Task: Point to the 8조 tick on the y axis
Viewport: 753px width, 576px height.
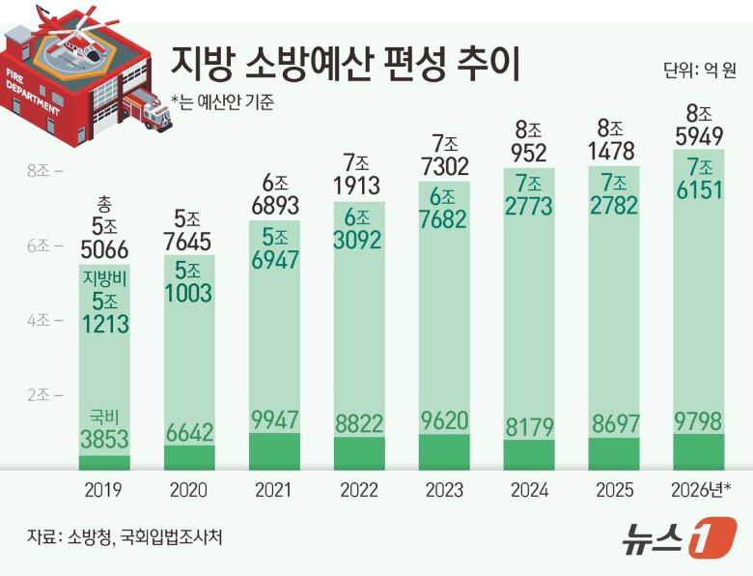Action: [x=44, y=171]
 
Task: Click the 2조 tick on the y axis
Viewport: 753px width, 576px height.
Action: [x=44, y=394]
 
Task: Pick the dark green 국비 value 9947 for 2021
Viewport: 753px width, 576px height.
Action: [x=274, y=419]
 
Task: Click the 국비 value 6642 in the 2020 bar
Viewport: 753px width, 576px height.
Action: [x=189, y=432]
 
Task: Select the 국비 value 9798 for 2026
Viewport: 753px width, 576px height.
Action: [x=698, y=421]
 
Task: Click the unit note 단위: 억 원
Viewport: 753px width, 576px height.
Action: [x=700, y=71]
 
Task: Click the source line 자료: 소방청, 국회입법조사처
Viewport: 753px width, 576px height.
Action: [x=125, y=535]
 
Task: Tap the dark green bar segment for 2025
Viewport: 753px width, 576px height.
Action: [x=614, y=452]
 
